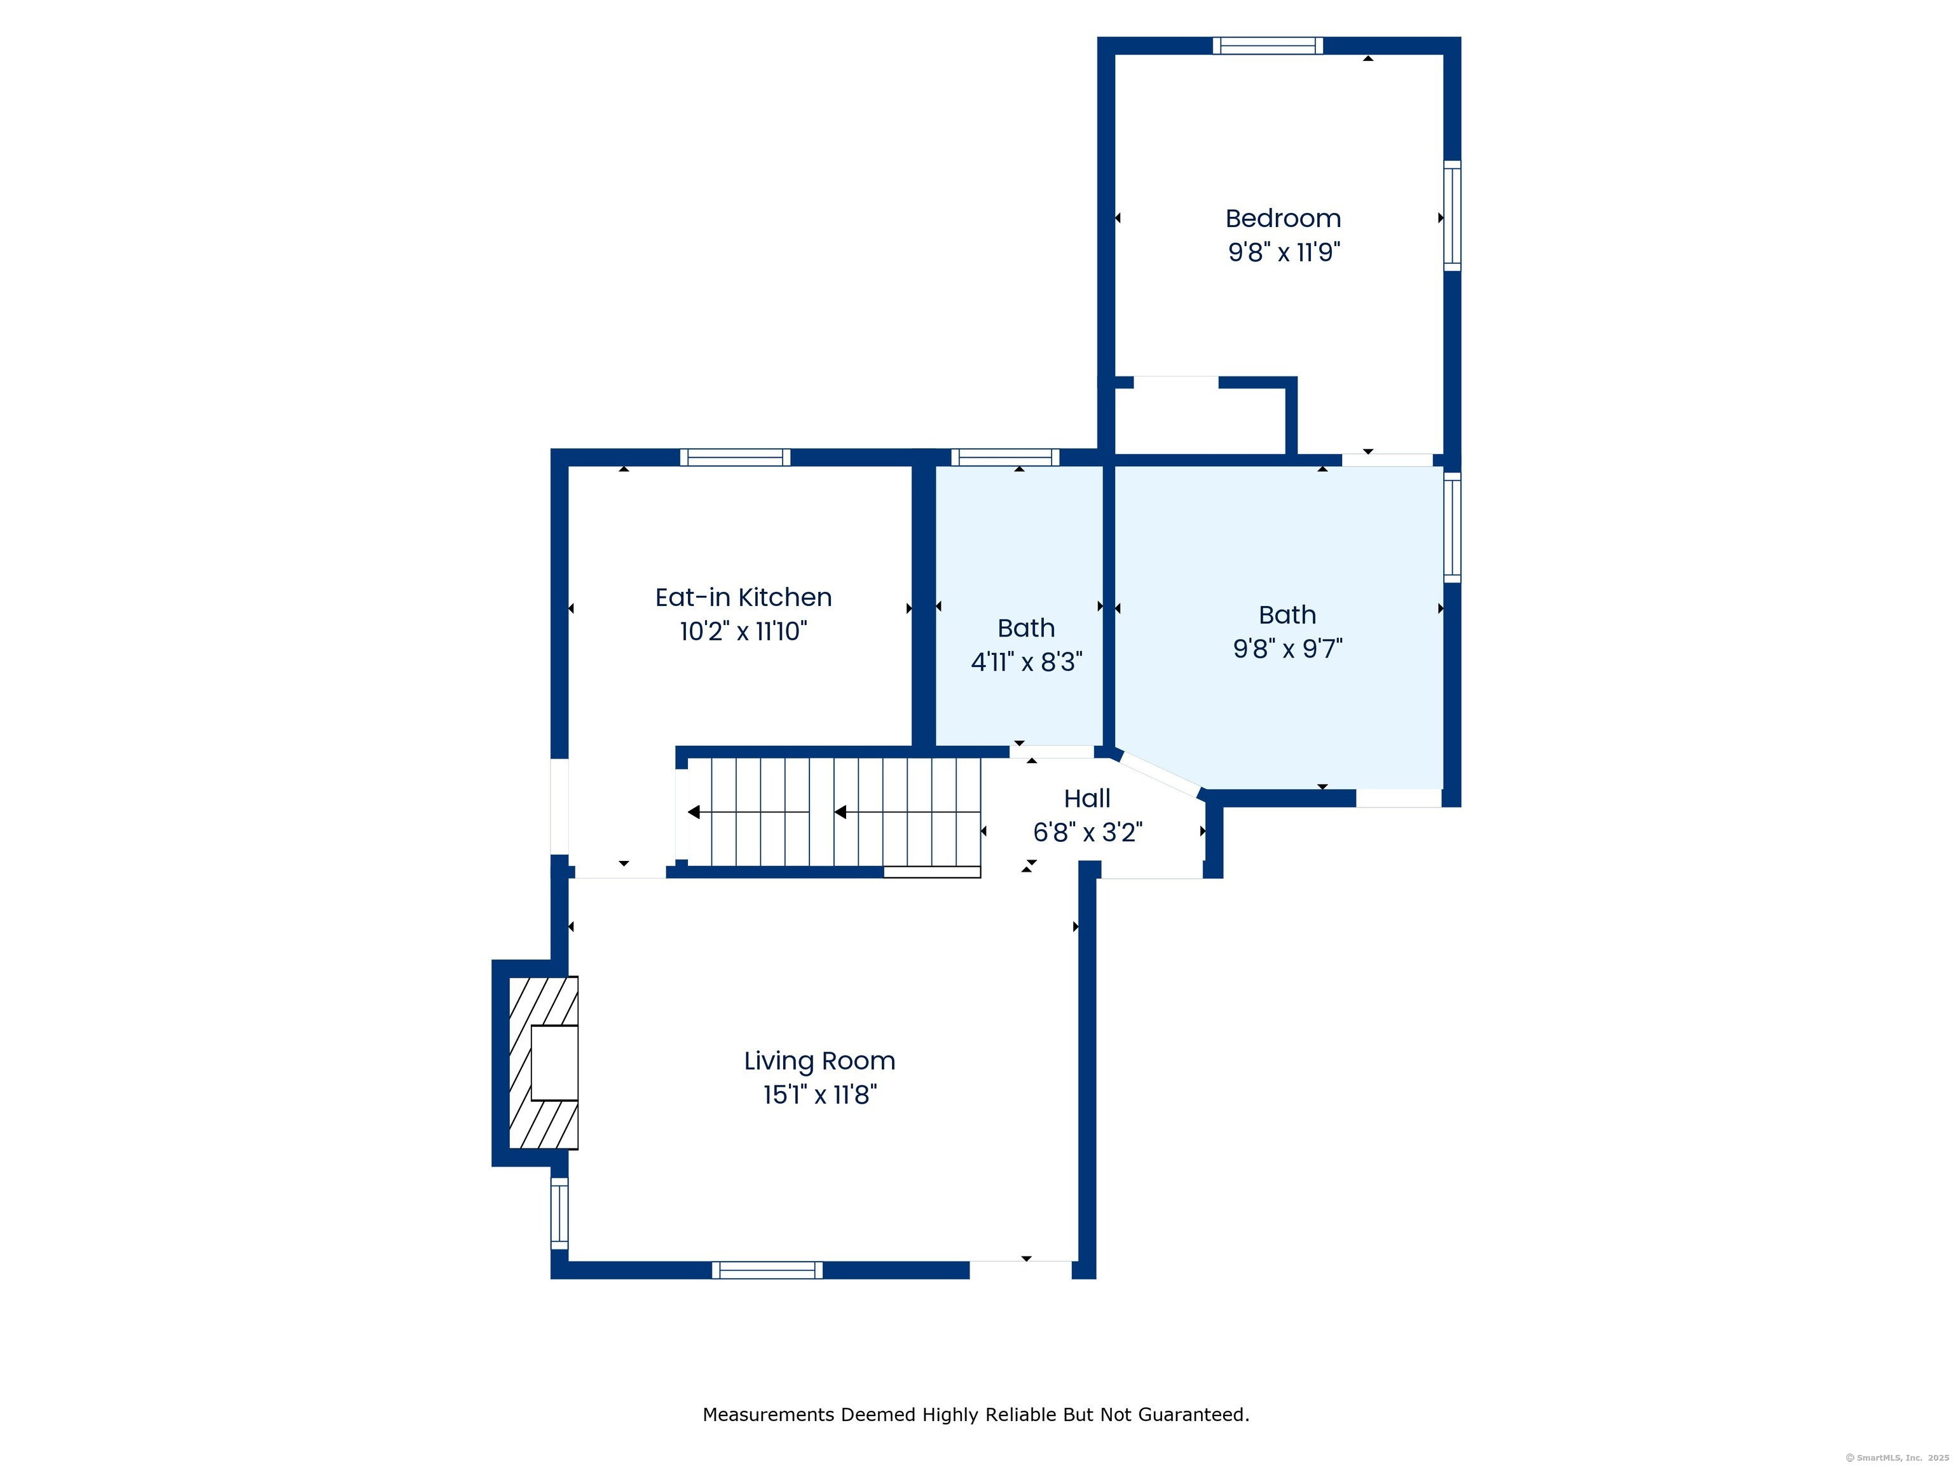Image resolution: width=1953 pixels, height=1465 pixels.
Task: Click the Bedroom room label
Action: coord(1283,218)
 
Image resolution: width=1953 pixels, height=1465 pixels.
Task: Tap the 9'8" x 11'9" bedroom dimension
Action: coord(1284,252)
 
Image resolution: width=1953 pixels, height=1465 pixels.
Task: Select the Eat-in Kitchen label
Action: coord(743,598)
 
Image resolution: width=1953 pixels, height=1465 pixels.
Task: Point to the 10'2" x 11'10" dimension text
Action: coord(743,631)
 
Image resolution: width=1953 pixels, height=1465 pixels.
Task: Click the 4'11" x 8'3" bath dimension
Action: coord(1026,663)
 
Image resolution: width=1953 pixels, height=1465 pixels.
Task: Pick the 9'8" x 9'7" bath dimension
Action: coord(1287,649)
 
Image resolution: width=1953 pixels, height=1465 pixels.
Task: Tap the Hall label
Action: coord(1087,798)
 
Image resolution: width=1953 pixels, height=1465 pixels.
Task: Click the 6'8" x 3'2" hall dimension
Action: coord(1088,832)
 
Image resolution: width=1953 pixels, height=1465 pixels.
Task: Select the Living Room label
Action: coord(819,1061)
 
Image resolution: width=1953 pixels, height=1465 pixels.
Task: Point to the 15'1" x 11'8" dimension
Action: coord(819,1095)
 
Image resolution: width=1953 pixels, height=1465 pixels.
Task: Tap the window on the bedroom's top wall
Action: coord(1267,46)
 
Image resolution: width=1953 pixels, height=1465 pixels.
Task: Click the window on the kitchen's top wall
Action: coord(734,457)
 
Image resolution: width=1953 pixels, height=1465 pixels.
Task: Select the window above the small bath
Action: coord(1004,457)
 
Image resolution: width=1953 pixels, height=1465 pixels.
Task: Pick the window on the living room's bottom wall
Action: coord(767,1270)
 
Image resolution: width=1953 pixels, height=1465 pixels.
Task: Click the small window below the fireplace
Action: coord(559,1213)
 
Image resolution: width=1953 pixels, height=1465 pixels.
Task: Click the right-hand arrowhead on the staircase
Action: coord(840,811)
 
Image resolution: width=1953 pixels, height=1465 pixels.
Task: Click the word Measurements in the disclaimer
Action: coord(768,1415)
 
